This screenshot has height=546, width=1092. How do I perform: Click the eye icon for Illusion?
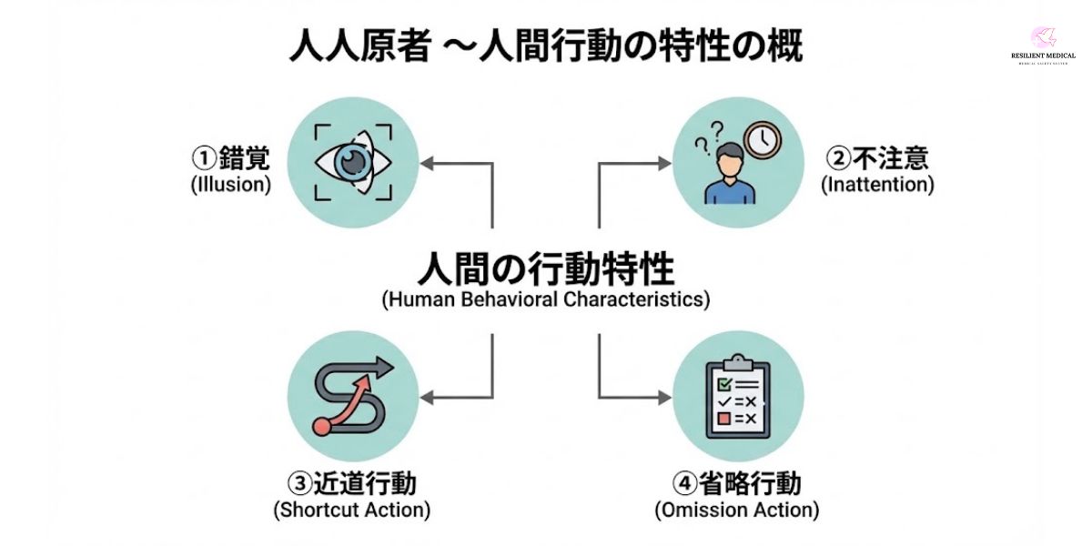coord(353,162)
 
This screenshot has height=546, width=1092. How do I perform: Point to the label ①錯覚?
coord(230,158)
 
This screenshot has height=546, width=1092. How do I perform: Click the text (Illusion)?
coord(231,184)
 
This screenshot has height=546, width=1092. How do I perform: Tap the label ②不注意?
coord(877,158)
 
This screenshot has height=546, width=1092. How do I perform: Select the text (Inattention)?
coord(877,184)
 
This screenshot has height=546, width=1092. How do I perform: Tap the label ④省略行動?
coord(737,482)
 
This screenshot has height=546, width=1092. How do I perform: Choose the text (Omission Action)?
coord(737,510)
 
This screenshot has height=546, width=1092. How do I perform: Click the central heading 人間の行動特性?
coord(546,269)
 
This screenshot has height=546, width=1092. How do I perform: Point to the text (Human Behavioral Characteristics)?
coord(546,299)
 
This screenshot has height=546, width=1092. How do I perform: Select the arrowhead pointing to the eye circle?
coord(428,164)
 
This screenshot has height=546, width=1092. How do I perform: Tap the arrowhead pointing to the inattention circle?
coord(663,164)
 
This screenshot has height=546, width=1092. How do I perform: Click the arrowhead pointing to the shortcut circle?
coord(428,397)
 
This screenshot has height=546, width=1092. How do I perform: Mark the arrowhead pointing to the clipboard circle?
coord(663,397)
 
